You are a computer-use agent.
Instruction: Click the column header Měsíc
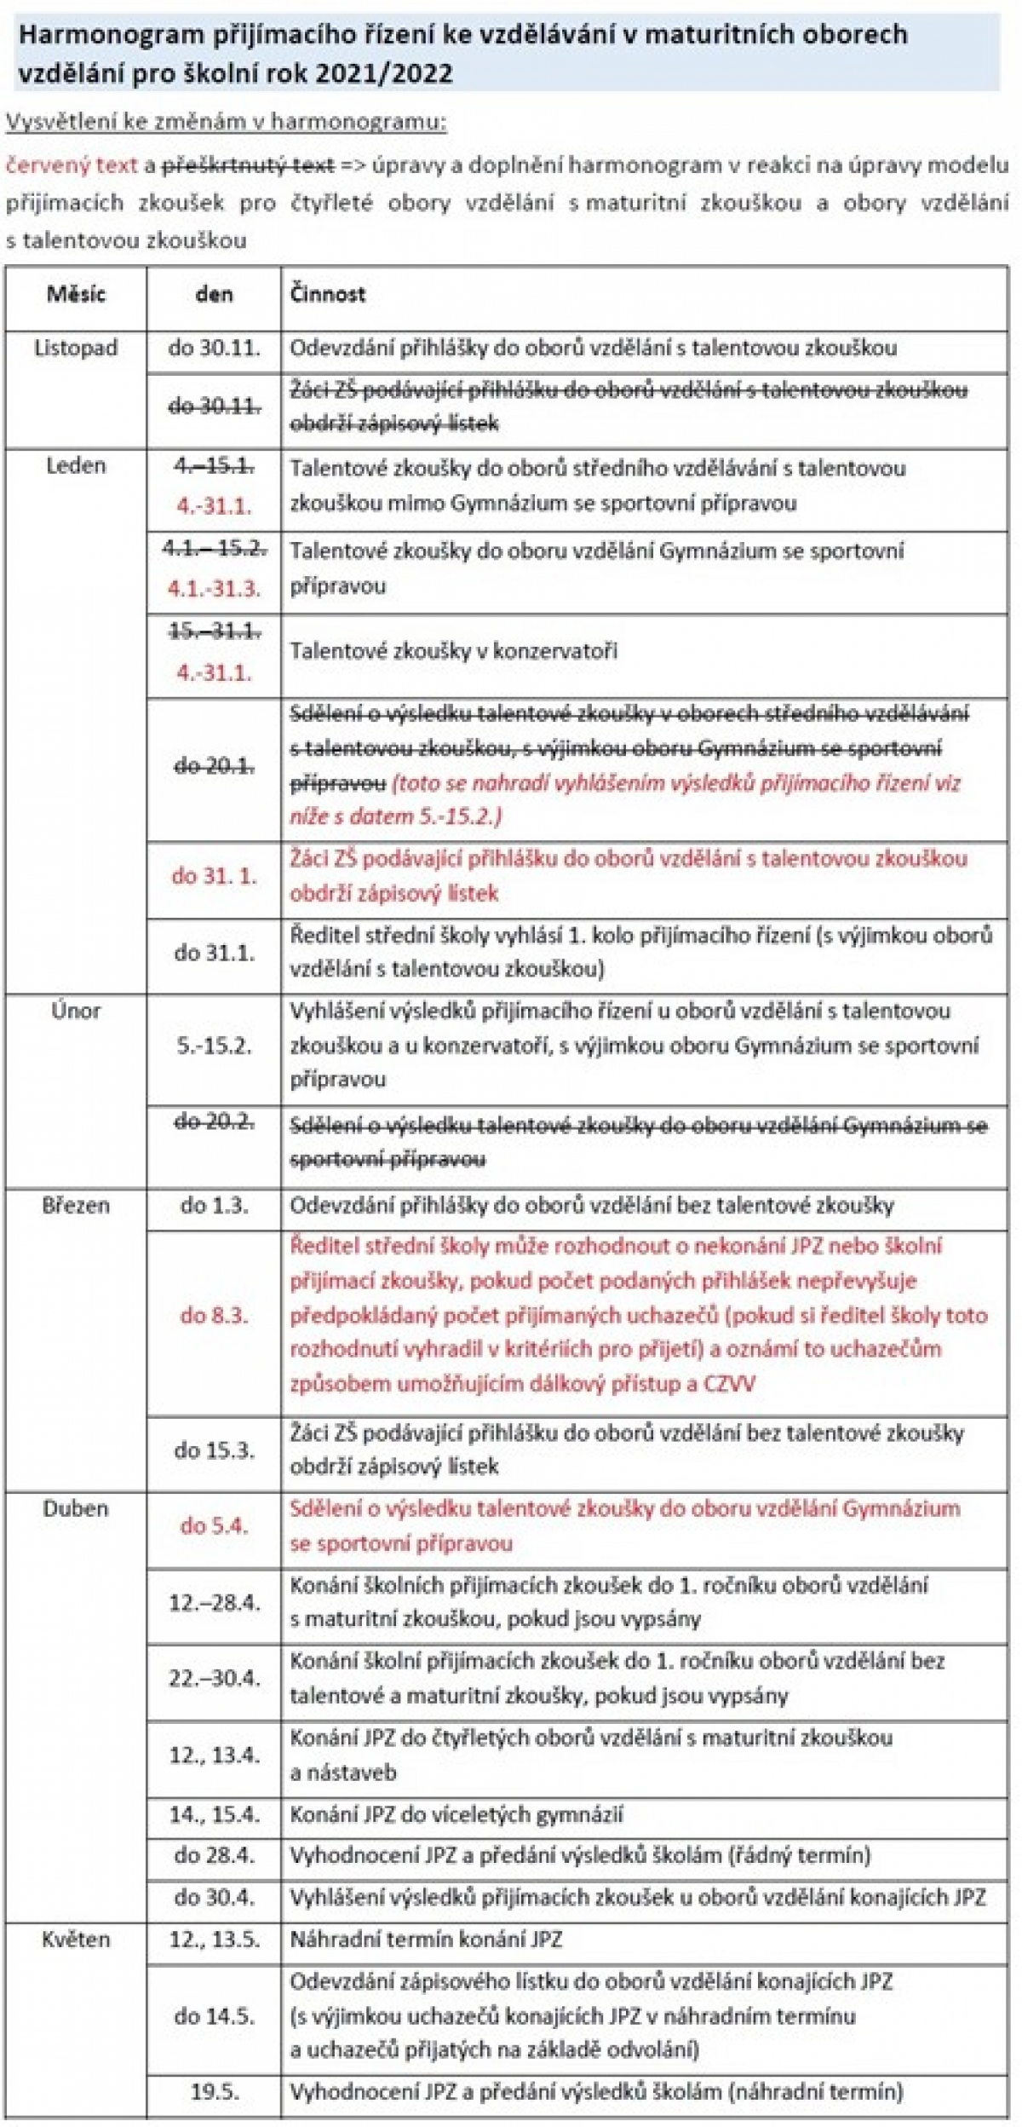point(76,295)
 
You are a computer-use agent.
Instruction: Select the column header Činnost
point(328,295)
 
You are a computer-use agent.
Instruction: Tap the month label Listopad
point(76,349)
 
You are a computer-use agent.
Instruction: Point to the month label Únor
point(76,1012)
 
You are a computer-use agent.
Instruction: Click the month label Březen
point(76,1206)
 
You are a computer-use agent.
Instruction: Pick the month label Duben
point(76,1509)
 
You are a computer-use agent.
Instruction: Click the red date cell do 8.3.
point(214,1316)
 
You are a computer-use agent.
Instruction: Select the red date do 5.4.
point(214,1526)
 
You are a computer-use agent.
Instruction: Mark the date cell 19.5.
point(214,2091)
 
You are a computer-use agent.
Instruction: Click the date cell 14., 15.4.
point(214,1815)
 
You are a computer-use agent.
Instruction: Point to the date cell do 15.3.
point(214,1450)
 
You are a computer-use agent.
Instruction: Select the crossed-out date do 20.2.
point(214,1122)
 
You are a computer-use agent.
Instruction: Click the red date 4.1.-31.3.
point(214,589)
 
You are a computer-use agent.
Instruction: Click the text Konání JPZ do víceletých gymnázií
point(456,1815)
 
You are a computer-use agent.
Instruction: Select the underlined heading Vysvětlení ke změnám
point(226,122)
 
